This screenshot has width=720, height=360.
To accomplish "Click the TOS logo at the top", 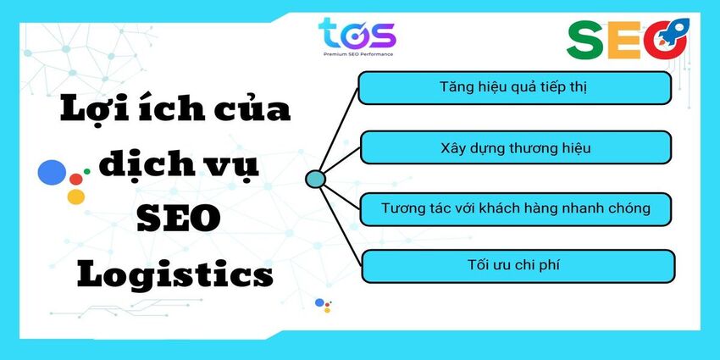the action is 357,36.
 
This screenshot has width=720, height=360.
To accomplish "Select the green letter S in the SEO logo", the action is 585,40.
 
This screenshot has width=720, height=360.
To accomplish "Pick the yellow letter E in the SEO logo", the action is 624,40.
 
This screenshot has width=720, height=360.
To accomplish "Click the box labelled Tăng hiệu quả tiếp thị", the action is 514,88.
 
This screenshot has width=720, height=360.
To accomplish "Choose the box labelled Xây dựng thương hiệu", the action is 516,147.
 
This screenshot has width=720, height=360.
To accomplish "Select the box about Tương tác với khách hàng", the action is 516,209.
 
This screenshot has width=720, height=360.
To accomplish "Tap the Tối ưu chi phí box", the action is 518,266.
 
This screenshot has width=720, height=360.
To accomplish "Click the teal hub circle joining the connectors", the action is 315,179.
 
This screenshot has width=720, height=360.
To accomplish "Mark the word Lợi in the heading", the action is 89,108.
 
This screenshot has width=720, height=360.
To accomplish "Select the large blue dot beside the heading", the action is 52,172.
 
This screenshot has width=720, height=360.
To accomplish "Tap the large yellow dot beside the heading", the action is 76,197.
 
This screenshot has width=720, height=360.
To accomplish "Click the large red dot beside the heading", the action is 76,179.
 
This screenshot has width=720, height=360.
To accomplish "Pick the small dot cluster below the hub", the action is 324,305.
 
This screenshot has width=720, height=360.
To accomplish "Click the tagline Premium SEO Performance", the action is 357,54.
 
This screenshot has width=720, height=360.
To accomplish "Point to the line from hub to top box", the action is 339,130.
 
